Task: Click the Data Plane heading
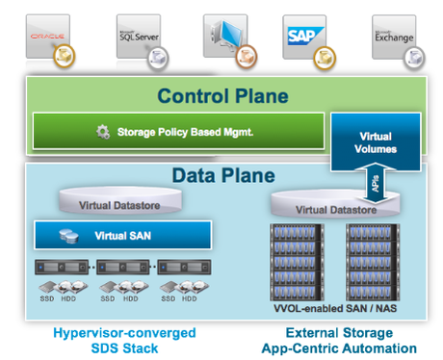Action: [x=222, y=176]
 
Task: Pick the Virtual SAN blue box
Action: [x=122, y=235]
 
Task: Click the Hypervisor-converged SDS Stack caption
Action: [x=122, y=340]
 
